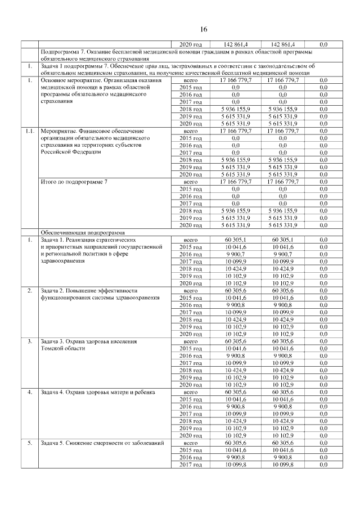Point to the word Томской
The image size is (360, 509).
[53, 349]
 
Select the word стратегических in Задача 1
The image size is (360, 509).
[107, 240]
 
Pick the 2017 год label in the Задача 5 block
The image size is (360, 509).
[191, 465]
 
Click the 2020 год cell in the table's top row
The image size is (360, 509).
[191, 44]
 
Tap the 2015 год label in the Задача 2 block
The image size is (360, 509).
[191, 298]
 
